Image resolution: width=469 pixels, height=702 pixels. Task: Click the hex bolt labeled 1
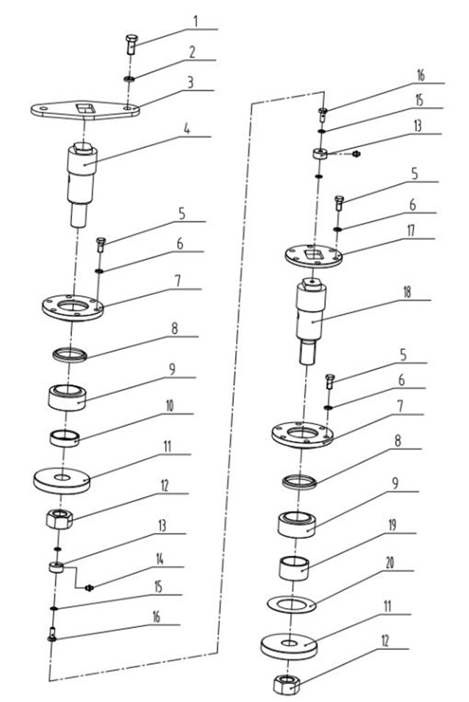coord(131,44)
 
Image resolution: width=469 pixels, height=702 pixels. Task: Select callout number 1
coord(196,21)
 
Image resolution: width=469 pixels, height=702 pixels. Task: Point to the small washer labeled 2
coord(130,79)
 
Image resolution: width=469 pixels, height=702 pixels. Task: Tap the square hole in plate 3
coord(84,108)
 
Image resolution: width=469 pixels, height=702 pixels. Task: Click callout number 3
coord(190,82)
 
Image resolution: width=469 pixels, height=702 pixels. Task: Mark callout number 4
coord(187,129)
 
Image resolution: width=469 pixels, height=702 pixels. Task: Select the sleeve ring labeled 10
coord(65,438)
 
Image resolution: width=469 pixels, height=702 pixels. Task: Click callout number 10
coord(170,406)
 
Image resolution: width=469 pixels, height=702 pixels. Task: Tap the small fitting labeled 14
coord(89,587)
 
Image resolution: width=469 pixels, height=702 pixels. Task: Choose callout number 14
coord(160,559)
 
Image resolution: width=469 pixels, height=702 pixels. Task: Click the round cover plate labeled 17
coord(314,256)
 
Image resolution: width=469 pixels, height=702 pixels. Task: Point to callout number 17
coord(410,231)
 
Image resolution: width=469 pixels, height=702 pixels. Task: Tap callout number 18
coord(407,293)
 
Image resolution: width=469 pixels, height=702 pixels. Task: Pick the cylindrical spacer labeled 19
coord(294,568)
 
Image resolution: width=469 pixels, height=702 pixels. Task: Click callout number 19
coord(392,525)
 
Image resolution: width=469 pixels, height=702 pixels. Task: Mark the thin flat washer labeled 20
coord(292,605)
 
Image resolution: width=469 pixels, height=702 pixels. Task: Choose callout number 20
coord(390,563)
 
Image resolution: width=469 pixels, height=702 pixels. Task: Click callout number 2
coord(193,52)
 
